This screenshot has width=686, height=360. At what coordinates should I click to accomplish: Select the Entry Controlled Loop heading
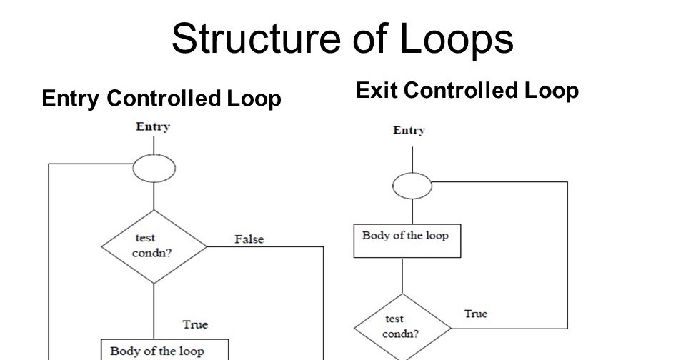point(161,99)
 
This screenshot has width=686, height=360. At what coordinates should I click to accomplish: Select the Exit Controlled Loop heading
point(467,91)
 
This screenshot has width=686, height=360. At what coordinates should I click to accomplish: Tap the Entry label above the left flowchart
point(153,127)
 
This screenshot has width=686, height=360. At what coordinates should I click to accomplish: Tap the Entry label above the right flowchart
point(409,131)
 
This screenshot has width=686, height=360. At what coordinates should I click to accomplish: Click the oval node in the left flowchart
point(154,169)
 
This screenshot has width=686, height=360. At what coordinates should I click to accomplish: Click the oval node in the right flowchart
point(412,187)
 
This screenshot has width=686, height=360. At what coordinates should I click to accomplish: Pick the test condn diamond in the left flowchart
point(154,246)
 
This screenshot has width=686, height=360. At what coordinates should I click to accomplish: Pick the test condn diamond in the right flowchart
point(402,327)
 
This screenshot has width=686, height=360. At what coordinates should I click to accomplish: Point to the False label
point(249,239)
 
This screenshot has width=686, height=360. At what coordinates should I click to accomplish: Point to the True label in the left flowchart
point(195,324)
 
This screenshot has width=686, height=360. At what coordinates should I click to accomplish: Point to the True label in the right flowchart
point(476,314)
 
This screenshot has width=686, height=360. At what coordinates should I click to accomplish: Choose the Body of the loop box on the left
point(164,350)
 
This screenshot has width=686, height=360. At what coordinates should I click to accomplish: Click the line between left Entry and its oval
point(154,146)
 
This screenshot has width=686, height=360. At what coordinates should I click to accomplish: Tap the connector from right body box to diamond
point(403,275)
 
